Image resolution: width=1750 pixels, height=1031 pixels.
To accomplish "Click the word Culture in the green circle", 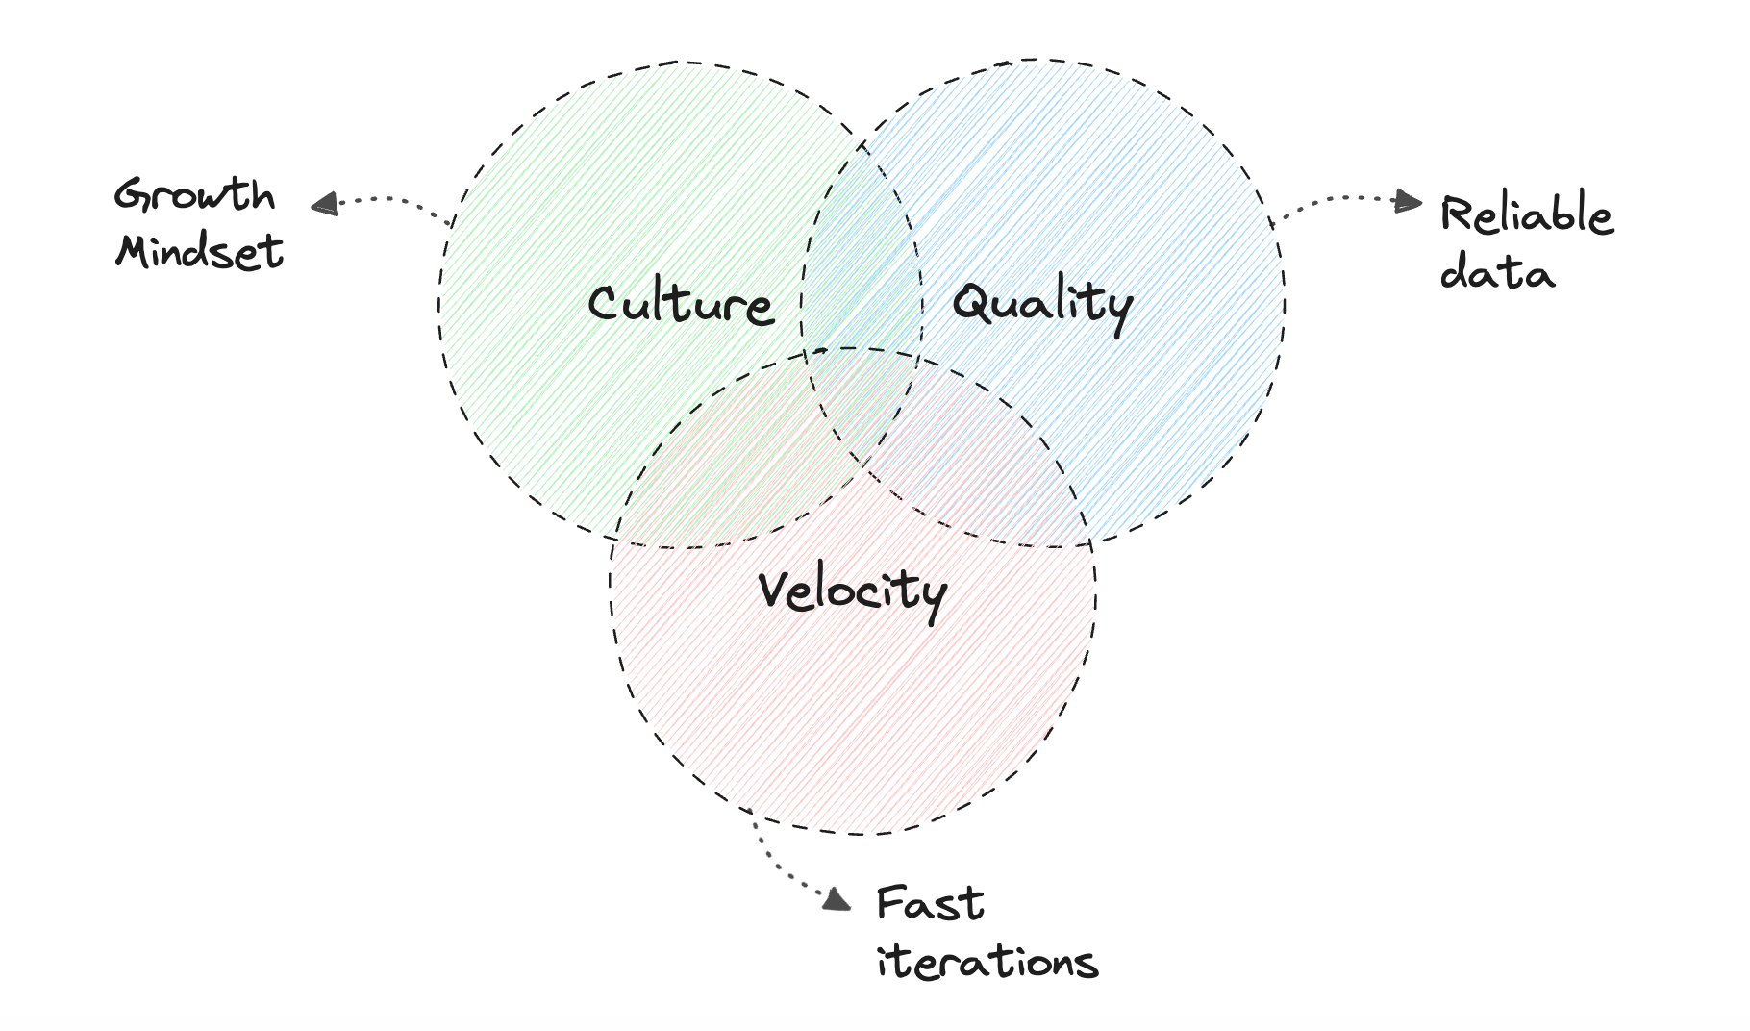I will pos(681,304).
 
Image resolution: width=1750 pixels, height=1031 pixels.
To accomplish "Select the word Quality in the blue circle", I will pos(1042,304).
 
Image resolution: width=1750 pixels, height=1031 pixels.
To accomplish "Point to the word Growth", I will pos(194,195).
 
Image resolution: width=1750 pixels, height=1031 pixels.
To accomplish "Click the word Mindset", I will pos(199,252).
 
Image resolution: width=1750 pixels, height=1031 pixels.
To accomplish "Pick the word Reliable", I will pos(1526,215).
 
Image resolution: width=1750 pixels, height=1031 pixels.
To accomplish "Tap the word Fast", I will pos(930,904).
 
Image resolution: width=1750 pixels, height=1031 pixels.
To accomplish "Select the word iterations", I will pos(987,961).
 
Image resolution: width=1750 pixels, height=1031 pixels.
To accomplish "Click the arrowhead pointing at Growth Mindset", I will pos(325,204).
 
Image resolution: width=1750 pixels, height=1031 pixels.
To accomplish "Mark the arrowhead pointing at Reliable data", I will pos(1410,201).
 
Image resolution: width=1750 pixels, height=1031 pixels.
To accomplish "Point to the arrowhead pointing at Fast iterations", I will pos(837,898).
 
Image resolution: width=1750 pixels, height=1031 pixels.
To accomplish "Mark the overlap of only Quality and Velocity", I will pos(990,462).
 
